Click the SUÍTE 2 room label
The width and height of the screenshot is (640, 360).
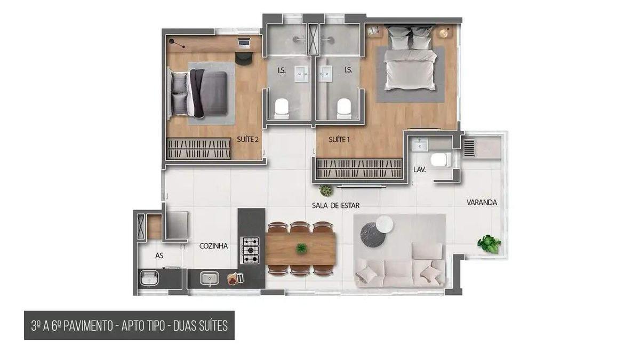point(247,140)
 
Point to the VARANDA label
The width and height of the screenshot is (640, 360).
point(482,203)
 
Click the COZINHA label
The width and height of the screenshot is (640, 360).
point(213,246)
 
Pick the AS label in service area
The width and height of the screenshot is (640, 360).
point(159,255)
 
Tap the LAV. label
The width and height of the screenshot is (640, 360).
point(419,170)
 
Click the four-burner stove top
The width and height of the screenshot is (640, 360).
point(250,250)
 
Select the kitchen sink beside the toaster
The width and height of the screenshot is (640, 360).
point(208,278)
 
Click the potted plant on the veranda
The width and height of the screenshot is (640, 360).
point(489,244)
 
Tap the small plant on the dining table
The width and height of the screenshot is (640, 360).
point(301,248)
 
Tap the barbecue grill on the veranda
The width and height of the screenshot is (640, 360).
point(469,147)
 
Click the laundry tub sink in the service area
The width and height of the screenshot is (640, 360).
point(147,278)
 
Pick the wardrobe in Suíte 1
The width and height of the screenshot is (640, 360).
point(358,169)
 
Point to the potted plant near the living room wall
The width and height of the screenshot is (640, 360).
point(325,190)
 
